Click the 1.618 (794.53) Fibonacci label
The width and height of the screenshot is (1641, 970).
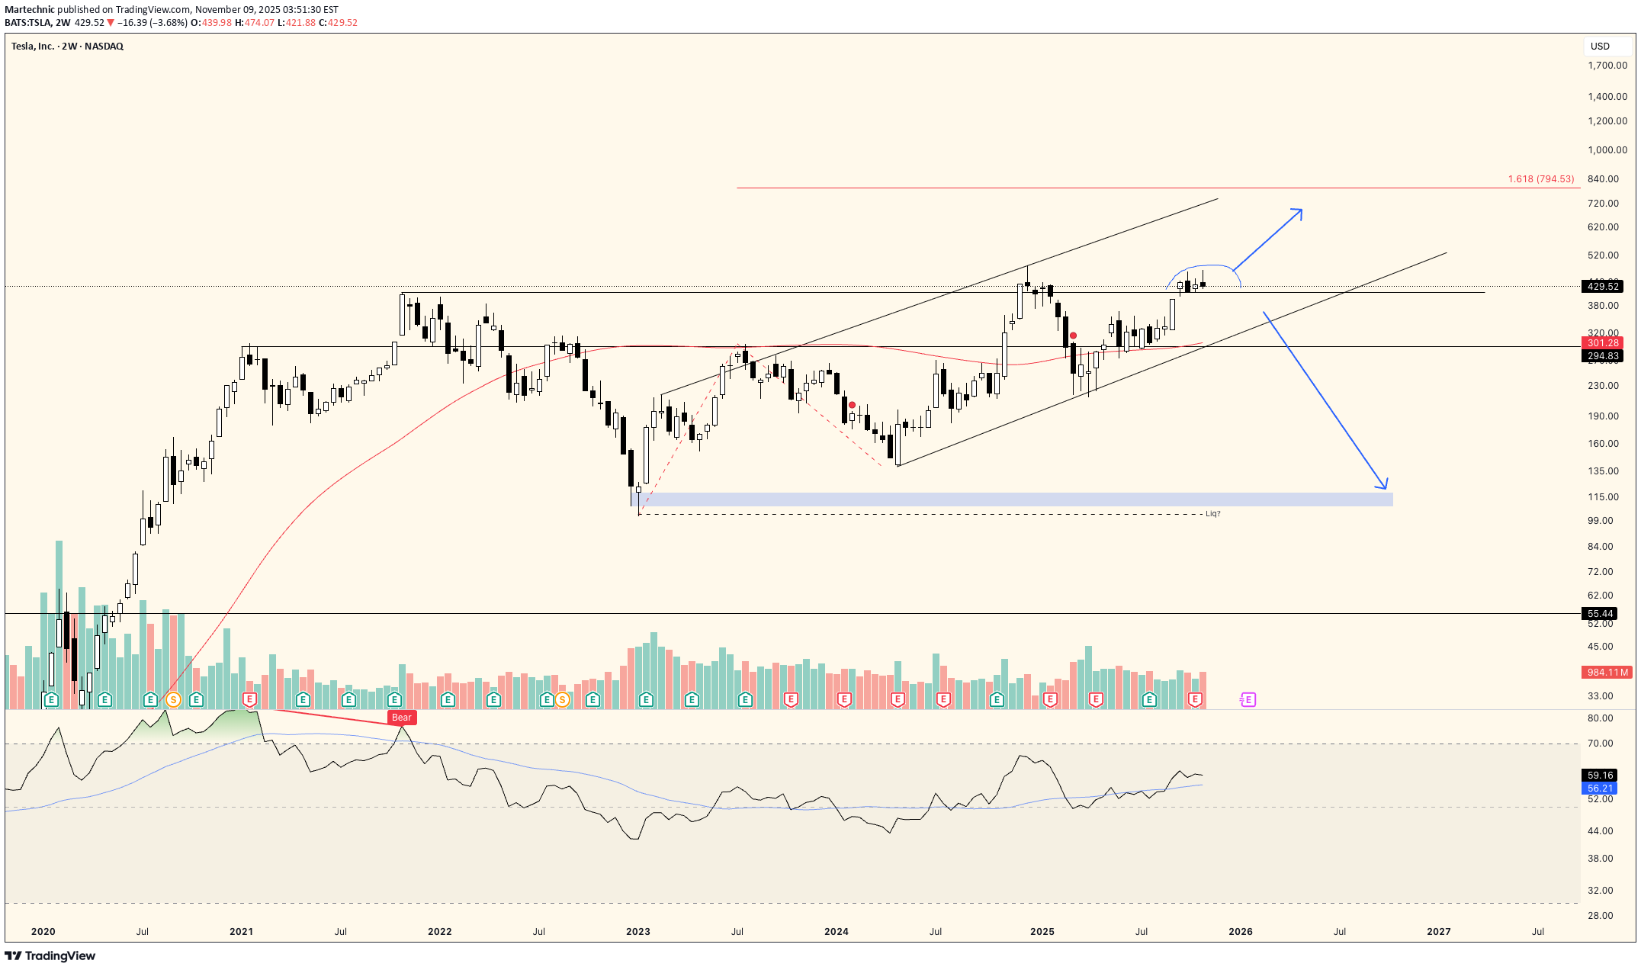pyautogui.click(x=1540, y=179)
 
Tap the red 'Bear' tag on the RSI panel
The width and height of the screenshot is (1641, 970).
pyautogui.click(x=401, y=718)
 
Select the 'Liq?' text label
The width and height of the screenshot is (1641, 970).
pyautogui.click(x=1212, y=514)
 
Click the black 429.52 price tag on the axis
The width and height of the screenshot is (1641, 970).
pyautogui.click(x=1602, y=287)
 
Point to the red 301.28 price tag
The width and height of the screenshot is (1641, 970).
pyautogui.click(x=1602, y=343)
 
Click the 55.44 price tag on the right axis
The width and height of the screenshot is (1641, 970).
pyautogui.click(x=1601, y=614)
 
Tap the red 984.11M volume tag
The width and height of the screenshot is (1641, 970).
pyautogui.click(x=1606, y=673)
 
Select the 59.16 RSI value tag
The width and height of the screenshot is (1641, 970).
pyautogui.click(x=1601, y=776)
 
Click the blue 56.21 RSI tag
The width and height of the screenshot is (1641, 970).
pyautogui.click(x=1601, y=789)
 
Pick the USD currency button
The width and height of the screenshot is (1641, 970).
pyautogui.click(x=1600, y=47)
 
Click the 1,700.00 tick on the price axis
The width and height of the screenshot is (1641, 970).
pyautogui.click(x=1607, y=66)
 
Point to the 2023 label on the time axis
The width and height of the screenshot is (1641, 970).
pyautogui.click(x=637, y=932)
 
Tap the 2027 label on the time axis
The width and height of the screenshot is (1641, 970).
pyautogui.click(x=1438, y=932)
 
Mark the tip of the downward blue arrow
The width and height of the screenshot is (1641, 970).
pyautogui.click(x=1386, y=488)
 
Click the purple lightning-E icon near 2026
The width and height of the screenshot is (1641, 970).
pyautogui.click(x=1248, y=700)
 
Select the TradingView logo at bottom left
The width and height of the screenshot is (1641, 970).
pyautogui.click(x=50, y=956)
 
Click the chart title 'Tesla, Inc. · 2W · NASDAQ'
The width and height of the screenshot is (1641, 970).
pyautogui.click(x=67, y=47)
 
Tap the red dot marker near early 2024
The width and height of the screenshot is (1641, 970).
pyautogui.click(x=852, y=405)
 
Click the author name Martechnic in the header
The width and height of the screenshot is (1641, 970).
pyautogui.click(x=29, y=10)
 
